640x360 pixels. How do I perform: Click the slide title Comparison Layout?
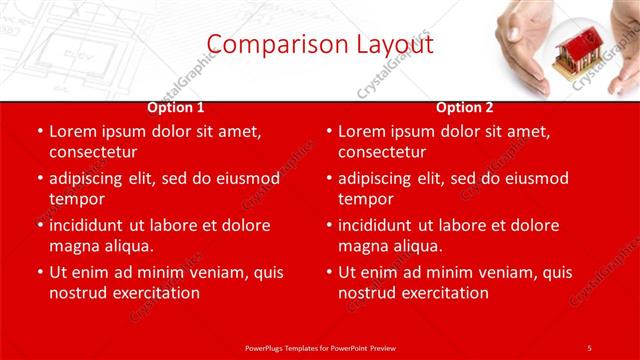320,44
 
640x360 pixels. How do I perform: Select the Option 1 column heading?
176,107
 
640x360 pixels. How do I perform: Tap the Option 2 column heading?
465,107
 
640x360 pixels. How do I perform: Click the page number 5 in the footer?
589,347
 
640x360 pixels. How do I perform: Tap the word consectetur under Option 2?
381,152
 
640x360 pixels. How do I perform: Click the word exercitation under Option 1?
153,293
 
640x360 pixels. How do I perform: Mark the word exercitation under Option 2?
442,293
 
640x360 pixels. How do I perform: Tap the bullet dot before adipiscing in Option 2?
328,179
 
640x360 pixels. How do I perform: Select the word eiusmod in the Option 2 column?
533,178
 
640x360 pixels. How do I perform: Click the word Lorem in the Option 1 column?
73,131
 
